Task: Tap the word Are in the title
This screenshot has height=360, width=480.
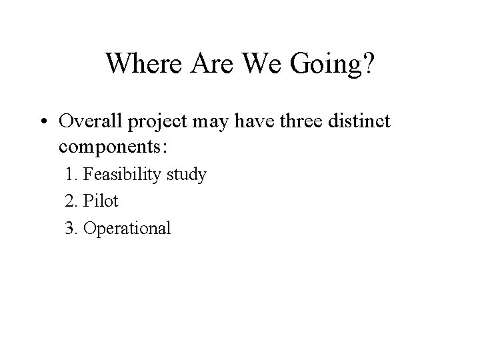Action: pos(207,64)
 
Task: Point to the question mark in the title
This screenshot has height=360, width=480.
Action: pos(368,64)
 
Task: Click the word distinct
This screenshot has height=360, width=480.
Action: pos(368,122)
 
